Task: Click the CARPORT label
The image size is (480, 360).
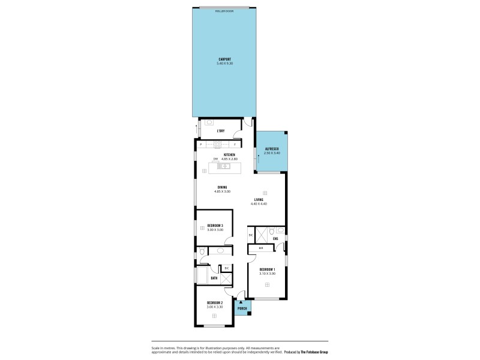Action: [225, 59]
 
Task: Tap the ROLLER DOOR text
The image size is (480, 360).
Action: [224, 11]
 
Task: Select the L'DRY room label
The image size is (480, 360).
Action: [220, 131]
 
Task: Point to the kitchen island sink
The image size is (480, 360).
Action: [224, 166]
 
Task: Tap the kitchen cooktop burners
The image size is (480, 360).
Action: [217, 144]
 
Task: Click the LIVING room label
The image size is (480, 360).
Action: [259, 200]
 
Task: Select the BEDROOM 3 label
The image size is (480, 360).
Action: [215, 226]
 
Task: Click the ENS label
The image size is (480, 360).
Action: [275, 239]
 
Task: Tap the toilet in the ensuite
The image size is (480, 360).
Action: [272, 230]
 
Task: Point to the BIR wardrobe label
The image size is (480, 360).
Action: [261, 248]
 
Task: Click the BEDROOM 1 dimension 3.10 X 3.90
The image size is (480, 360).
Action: [267, 274]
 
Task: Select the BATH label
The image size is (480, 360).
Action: [214, 278]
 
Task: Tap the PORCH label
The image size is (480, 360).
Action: [242, 308]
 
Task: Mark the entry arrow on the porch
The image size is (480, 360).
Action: [241, 302]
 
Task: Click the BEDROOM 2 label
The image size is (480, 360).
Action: [215, 302]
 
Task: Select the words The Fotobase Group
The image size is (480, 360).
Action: [319, 352]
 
